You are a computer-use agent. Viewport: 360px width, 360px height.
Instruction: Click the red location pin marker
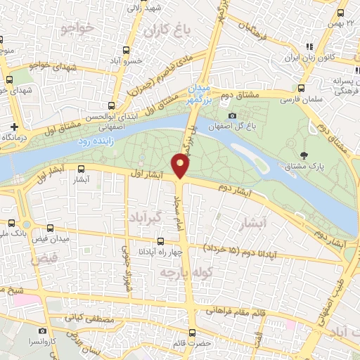coord(181,165)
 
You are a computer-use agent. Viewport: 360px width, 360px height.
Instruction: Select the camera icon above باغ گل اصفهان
coord(232,115)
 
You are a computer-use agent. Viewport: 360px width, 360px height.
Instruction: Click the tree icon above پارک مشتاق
coord(304,155)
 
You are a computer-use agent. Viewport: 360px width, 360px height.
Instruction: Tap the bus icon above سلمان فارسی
coord(301,89)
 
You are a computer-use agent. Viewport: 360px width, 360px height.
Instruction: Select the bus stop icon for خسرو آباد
coord(126,50)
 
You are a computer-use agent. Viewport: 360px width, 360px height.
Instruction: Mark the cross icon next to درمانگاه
coord(13,127)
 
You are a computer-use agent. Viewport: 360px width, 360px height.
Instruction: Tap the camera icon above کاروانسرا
coord(42,330)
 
